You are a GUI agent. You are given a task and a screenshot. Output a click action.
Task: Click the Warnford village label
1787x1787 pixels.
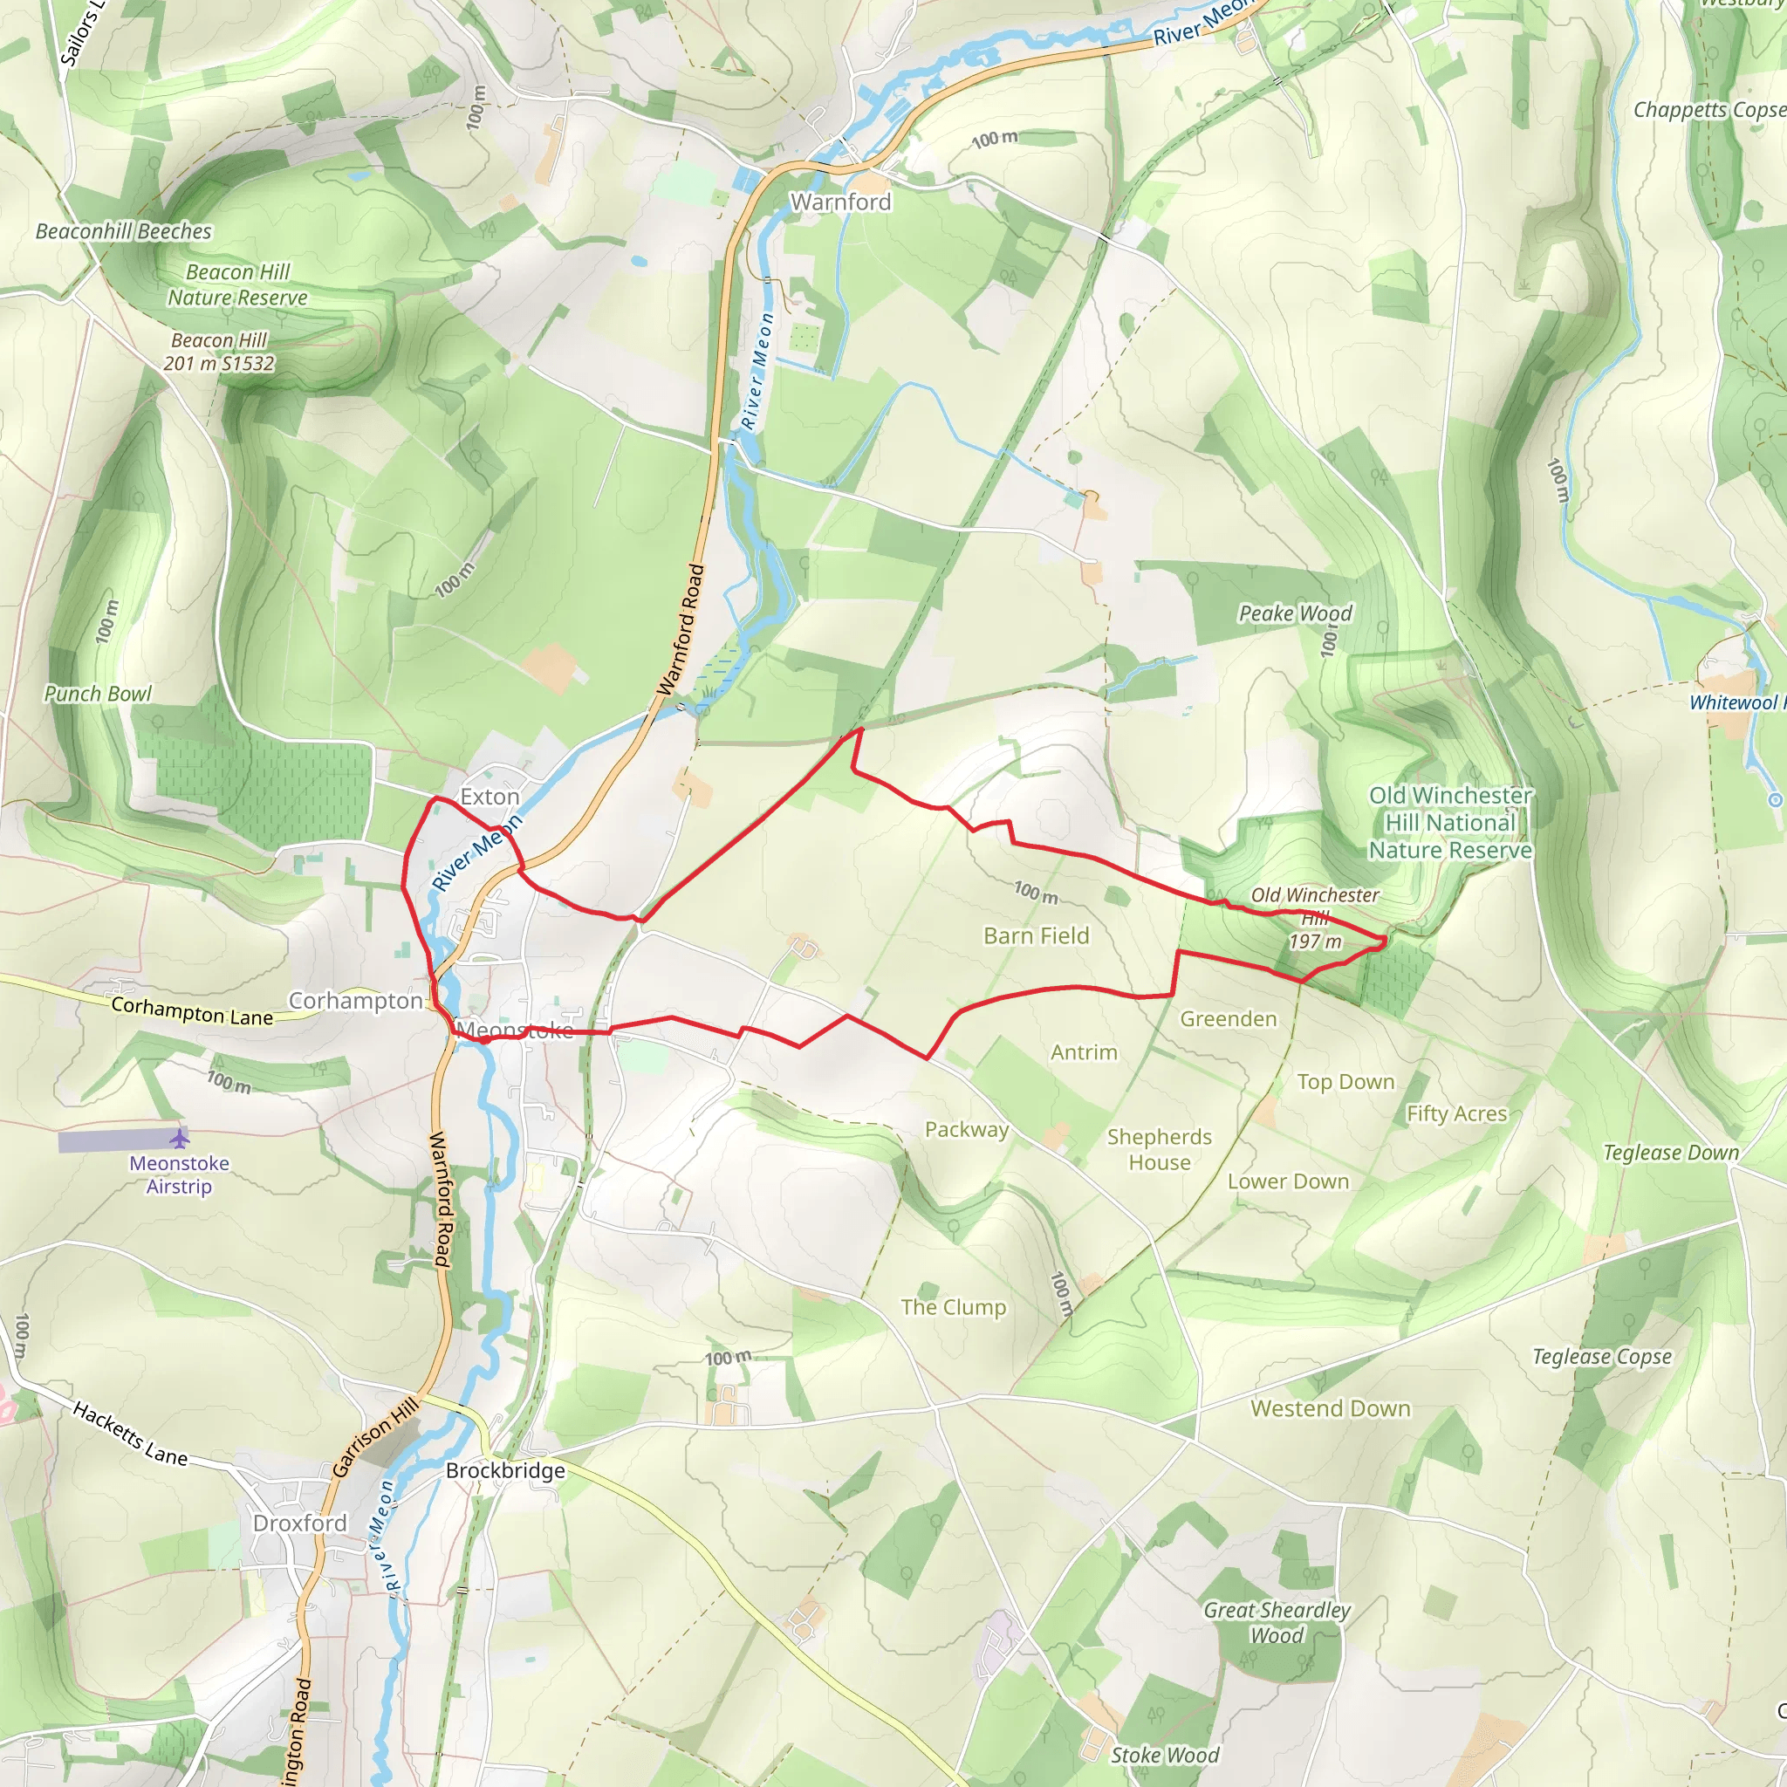tap(840, 202)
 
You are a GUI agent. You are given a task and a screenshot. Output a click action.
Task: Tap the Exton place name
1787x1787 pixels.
tap(490, 797)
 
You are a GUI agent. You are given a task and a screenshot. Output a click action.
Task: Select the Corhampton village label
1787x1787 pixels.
tap(355, 1001)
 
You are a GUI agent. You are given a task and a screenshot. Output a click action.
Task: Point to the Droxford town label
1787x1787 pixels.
tap(299, 1523)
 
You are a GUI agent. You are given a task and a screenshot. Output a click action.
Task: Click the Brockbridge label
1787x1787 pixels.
tap(505, 1470)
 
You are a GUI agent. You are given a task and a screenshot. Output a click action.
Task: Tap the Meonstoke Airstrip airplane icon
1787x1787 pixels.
tap(180, 1138)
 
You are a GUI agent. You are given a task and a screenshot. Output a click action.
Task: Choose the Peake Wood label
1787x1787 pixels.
tap(1295, 613)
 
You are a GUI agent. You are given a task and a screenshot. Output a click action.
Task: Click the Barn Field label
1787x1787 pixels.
tap(1036, 936)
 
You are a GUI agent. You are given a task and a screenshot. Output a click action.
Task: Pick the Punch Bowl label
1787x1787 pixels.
tap(98, 694)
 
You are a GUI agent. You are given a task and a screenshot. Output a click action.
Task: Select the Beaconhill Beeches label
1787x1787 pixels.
tap(123, 231)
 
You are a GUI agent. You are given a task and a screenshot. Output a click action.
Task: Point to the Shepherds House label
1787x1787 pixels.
tap(1159, 1150)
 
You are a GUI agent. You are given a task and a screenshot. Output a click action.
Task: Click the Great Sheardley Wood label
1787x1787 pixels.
tap(1277, 1622)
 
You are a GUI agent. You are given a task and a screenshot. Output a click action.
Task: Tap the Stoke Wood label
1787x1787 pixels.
tap(1165, 1755)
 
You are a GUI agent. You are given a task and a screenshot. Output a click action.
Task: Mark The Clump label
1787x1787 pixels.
tap(953, 1307)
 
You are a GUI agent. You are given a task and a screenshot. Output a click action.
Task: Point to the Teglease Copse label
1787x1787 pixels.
tap(1602, 1357)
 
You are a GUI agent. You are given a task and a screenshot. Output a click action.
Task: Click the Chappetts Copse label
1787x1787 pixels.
tap(1708, 109)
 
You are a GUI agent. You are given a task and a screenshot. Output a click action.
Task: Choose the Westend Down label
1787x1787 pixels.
tap(1330, 1408)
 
